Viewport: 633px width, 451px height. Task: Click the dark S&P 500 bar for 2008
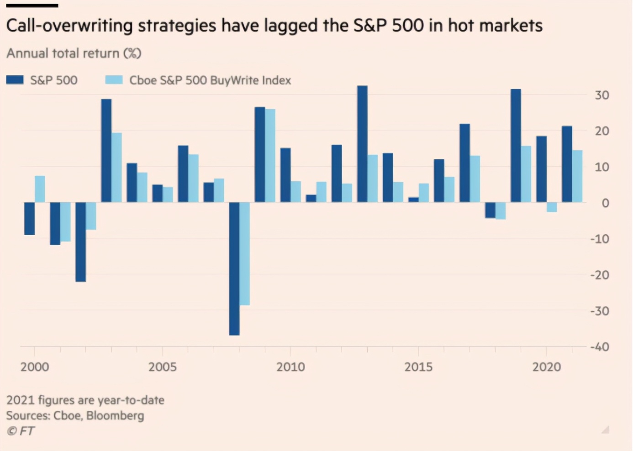(x=234, y=268)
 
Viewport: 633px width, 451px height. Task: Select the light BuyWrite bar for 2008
(x=245, y=253)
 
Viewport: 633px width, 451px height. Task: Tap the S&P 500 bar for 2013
(x=362, y=144)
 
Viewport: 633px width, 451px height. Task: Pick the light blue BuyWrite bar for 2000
(x=40, y=189)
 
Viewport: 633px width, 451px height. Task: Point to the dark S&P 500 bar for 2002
(x=81, y=242)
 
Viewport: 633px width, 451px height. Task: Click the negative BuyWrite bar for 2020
(x=552, y=207)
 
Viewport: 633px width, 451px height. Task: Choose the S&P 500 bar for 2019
(x=516, y=146)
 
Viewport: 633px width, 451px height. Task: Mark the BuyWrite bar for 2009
(x=270, y=156)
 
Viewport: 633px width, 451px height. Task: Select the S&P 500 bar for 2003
(x=106, y=151)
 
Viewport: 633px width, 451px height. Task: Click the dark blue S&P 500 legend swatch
(x=15, y=80)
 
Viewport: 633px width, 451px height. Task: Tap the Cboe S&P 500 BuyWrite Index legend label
(x=210, y=80)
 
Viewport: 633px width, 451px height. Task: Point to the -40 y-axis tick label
(x=599, y=347)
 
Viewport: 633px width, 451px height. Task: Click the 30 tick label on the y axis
(x=602, y=95)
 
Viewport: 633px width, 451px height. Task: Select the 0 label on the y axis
(x=605, y=203)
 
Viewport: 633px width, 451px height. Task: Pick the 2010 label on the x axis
(x=290, y=367)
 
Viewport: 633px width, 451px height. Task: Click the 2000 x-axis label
(x=35, y=367)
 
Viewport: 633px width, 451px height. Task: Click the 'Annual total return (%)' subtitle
(x=74, y=53)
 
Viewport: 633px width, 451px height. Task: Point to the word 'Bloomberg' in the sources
(x=115, y=416)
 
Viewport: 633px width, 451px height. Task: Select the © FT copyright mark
(x=21, y=431)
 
